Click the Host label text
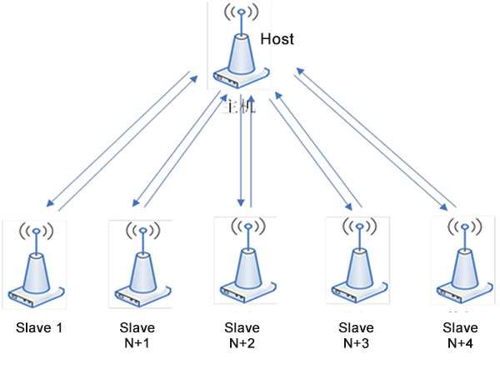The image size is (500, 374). click(277, 38)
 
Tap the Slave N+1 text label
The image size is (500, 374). click(137, 335)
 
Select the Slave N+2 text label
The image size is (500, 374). click(242, 334)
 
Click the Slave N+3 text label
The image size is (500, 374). click(357, 335)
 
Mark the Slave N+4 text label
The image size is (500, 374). click(462, 334)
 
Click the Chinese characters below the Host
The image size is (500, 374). click(242, 107)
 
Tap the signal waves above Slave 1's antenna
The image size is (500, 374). click(36, 230)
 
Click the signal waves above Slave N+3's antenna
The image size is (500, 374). click(357, 227)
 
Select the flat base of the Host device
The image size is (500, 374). click(241, 81)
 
